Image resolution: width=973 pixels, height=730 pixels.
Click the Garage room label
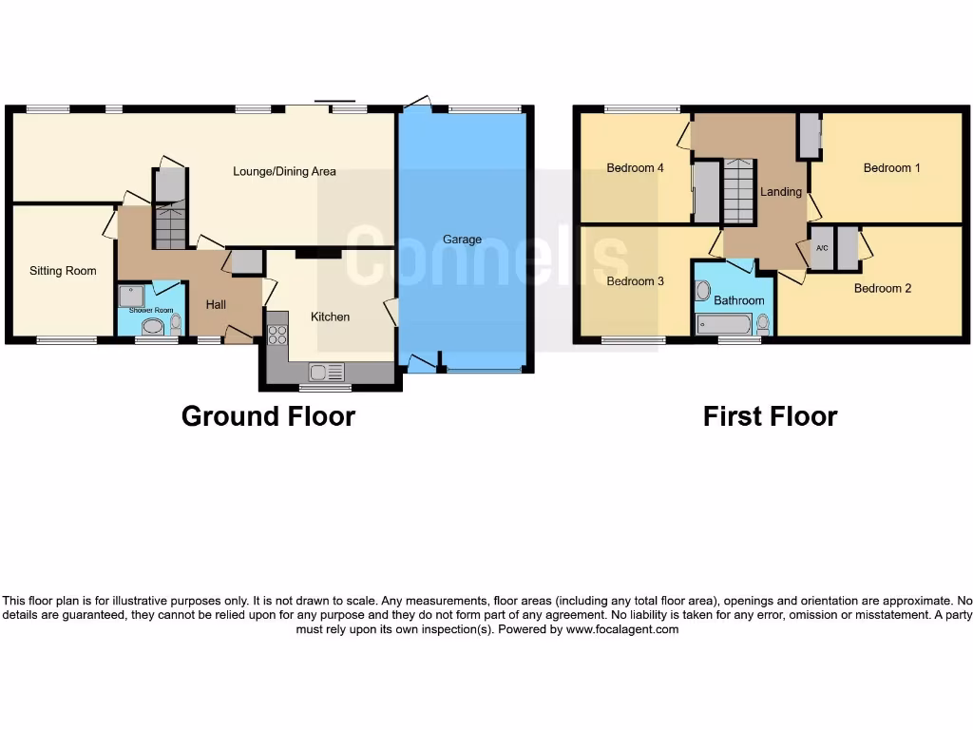(462, 240)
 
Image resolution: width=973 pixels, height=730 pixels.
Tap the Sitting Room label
(63, 271)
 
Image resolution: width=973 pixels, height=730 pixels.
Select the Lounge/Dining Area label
(284, 172)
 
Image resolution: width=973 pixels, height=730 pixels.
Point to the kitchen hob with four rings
(277, 335)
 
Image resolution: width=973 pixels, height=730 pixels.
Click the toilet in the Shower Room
(175, 326)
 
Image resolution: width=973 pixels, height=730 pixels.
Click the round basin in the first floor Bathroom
(703, 290)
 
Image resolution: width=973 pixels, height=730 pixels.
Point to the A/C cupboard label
(822, 247)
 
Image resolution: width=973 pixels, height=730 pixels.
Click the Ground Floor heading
(268, 416)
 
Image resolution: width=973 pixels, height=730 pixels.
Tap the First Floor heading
(770, 416)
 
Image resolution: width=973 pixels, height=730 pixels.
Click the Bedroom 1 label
(891, 168)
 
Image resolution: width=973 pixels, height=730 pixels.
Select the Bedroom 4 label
(635, 168)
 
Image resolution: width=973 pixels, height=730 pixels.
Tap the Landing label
(781, 192)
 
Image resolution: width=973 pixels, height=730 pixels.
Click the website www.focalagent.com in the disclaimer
(622, 629)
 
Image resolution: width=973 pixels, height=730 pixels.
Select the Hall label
(216, 305)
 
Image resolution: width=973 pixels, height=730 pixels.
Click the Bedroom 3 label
(635, 281)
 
